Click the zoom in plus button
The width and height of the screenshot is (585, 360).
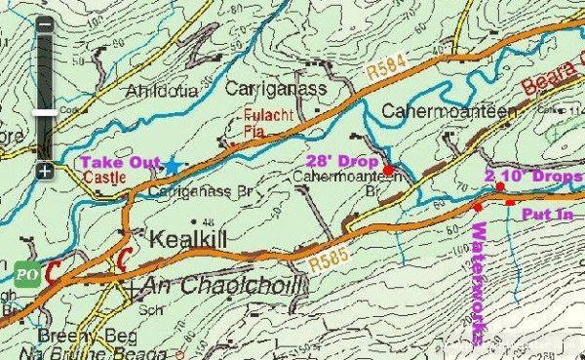coord(45,171)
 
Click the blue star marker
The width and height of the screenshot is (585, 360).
coord(173,166)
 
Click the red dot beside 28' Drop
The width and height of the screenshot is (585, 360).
coord(388,170)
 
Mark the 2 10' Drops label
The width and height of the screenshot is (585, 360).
coord(533,176)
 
